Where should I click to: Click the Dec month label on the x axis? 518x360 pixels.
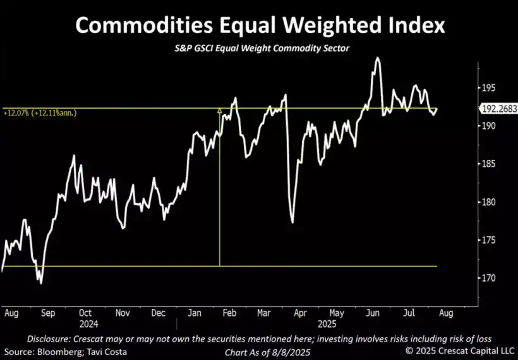click(x=159, y=313)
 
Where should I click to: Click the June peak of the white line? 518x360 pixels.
click(x=378, y=58)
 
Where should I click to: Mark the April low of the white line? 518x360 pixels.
click(x=292, y=222)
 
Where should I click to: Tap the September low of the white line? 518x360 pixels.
click(x=41, y=283)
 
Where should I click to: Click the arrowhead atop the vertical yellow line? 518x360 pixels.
click(x=219, y=111)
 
